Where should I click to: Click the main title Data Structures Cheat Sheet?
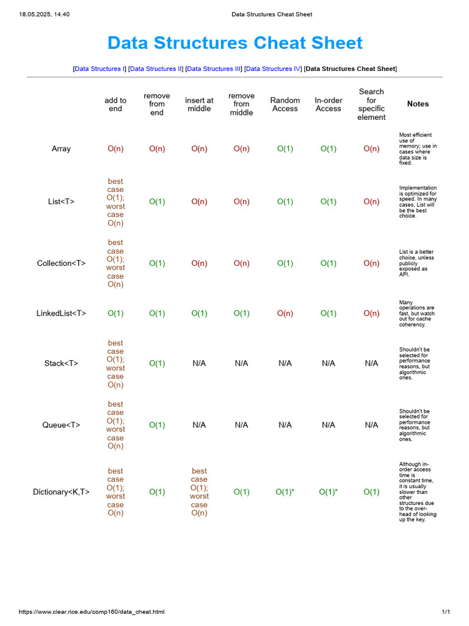point(234,43)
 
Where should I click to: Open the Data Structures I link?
point(98,69)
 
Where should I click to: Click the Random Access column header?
point(285,105)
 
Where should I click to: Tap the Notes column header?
point(418,104)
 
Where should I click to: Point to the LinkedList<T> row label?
point(61,314)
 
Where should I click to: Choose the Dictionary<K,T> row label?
point(61,492)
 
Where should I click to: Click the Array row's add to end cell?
point(115,149)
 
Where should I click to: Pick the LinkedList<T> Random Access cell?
point(285,314)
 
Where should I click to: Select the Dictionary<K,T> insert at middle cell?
point(199,492)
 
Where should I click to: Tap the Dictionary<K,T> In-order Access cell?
point(328,492)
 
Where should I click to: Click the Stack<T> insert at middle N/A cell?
point(199,364)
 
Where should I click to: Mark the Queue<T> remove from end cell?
point(157,425)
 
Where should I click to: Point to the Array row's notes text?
point(418,149)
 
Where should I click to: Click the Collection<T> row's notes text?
point(417,263)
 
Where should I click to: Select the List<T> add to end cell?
point(115,202)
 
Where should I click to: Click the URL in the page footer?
point(92,612)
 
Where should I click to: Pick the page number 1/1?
point(446,612)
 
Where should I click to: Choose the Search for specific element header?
point(371,105)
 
